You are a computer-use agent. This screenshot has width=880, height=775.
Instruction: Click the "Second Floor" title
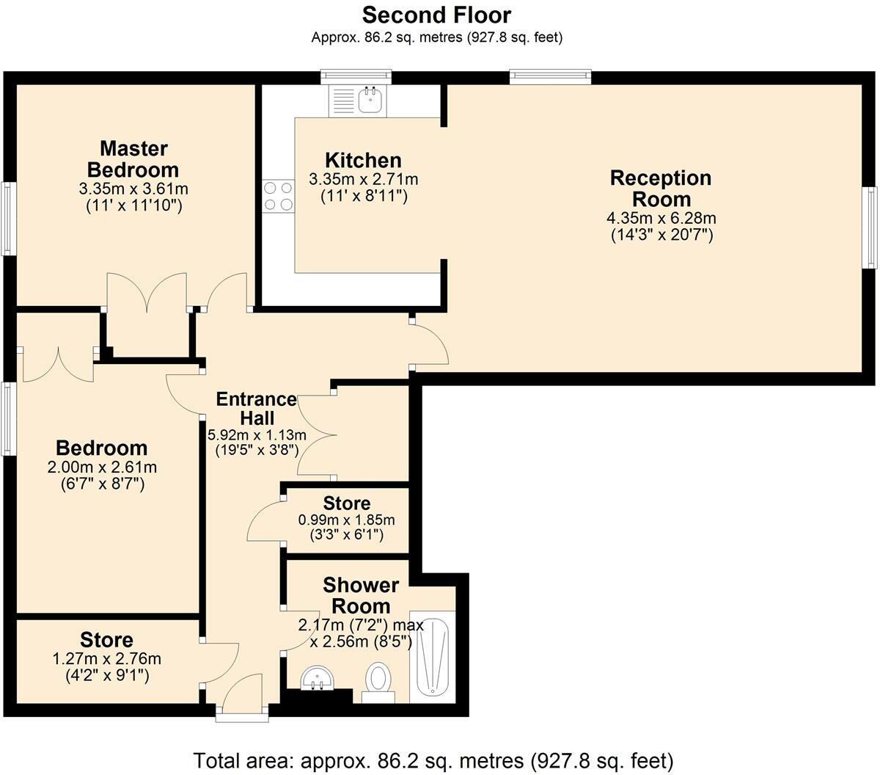(x=436, y=15)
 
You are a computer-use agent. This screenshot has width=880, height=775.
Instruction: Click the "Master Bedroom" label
(x=133, y=159)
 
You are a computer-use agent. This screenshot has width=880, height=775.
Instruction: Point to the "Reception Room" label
(x=661, y=189)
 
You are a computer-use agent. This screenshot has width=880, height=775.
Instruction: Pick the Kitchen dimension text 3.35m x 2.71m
(x=364, y=180)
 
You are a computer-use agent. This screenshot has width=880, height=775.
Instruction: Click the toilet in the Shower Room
(x=378, y=679)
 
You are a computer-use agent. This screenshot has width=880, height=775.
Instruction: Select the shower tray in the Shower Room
(x=433, y=655)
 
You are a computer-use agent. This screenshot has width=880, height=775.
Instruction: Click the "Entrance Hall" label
(x=256, y=408)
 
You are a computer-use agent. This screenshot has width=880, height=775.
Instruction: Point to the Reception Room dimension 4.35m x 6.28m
(x=661, y=218)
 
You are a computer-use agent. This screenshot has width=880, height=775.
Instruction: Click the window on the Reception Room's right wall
(x=870, y=227)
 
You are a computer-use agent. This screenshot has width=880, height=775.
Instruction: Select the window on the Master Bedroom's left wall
(x=7, y=218)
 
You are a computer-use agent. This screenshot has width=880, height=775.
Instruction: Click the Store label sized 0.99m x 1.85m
(x=347, y=503)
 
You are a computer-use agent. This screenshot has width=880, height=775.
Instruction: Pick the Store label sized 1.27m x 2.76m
(x=107, y=639)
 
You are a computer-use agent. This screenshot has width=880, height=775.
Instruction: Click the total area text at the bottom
(x=433, y=760)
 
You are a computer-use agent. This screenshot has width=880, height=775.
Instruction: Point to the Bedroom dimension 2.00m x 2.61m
(x=102, y=467)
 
